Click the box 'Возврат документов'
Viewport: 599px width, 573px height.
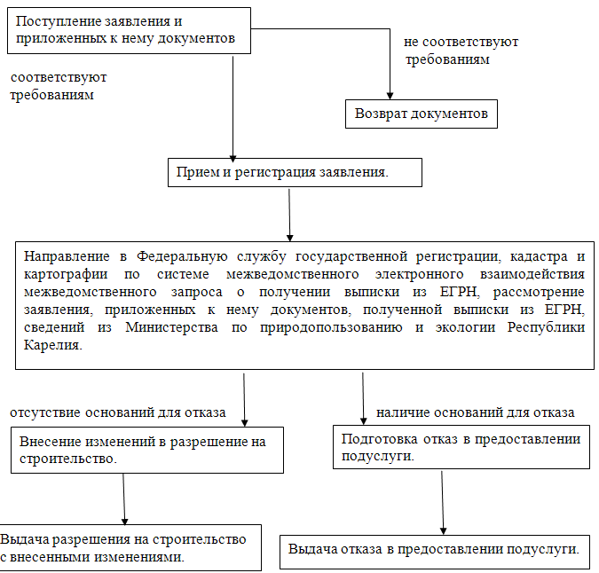tap(421, 114)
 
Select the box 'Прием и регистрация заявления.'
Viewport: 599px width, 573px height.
tap(295, 172)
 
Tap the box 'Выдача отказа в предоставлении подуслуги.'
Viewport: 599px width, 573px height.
tap(433, 550)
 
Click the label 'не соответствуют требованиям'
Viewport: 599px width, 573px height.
tap(460, 51)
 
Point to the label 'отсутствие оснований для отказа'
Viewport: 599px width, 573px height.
tap(117, 412)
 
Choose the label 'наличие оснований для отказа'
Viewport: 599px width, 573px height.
tap(476, 412)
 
